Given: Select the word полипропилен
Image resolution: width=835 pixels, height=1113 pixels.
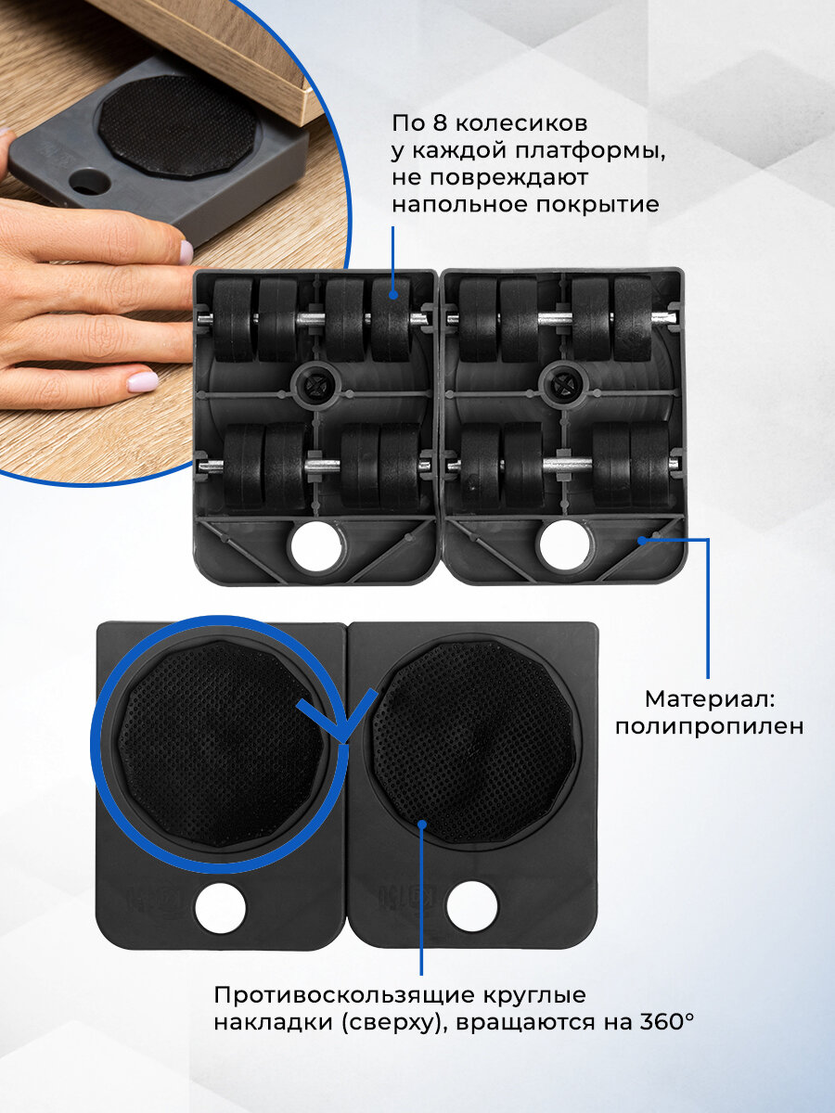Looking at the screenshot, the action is pos(709,727).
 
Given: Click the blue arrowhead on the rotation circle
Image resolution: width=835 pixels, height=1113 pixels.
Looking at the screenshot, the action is pos(337,716).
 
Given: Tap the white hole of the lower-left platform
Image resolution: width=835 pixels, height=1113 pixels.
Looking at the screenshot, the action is pos(221,908).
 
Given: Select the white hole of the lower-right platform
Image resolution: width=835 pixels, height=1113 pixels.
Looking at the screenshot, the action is pos(472,906).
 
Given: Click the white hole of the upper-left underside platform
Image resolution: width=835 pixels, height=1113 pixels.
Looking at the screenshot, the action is pos(315,546).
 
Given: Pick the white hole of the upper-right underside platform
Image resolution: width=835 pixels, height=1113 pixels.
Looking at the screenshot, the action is pos(565,546).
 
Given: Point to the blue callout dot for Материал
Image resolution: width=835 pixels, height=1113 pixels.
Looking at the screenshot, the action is pos(642,541).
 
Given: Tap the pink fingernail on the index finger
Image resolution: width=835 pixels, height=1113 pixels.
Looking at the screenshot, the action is pos(143,380).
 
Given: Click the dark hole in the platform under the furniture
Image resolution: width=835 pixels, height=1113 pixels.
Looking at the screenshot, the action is pos(90,183).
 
